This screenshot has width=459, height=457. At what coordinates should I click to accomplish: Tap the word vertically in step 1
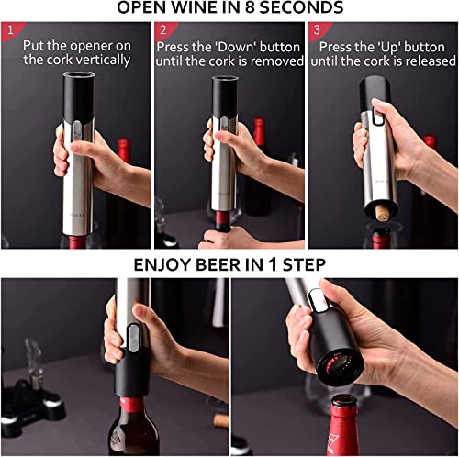[106, 60]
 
